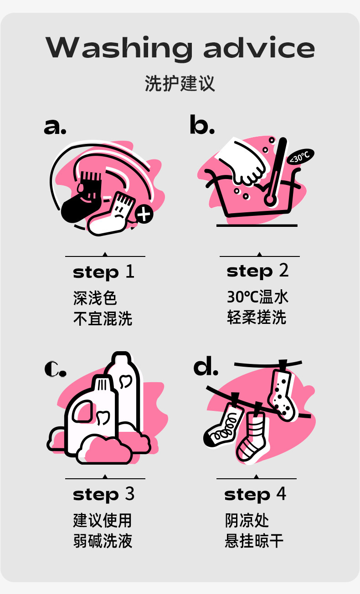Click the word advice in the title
(259, 47)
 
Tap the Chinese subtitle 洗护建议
(180, 83)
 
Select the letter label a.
(55, 127)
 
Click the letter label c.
(55, 369)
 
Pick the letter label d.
(206, 366)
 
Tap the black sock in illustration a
(81, 200)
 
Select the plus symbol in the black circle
(144, 214)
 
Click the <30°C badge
(300, 157)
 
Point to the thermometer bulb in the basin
(270, 200)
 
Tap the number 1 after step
(130, 271)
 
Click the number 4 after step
(281, 493)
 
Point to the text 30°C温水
(257, 297)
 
